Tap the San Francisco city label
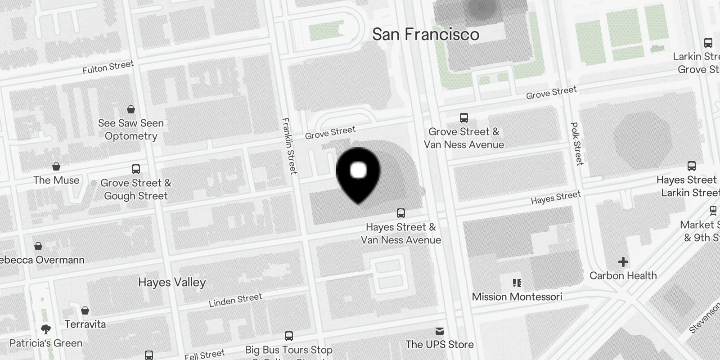(x=426, y=34)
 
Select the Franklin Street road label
(x=289, y=145)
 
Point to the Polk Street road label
(x=576, y=144)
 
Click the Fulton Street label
(x=108, y=67)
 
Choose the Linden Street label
(x=235, y=300)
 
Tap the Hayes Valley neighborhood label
(x=172, y=283)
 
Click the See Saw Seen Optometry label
(x=131, y=130)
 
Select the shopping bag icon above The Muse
(x=56, y=167)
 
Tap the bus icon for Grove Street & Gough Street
(x=136, y=169)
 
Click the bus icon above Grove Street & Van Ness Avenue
(x=464, y=118)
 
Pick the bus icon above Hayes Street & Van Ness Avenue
(x=400, y=213)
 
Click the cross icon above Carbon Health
(x=623, y=262)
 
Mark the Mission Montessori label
(x=517, y=297)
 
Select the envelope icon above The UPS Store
(x=440, y=331)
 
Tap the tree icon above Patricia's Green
(x=45, y=329)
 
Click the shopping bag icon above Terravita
(x=85, y=310)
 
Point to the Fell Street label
(x=205, y=355)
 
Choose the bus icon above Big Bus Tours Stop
(x=289, y=336)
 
